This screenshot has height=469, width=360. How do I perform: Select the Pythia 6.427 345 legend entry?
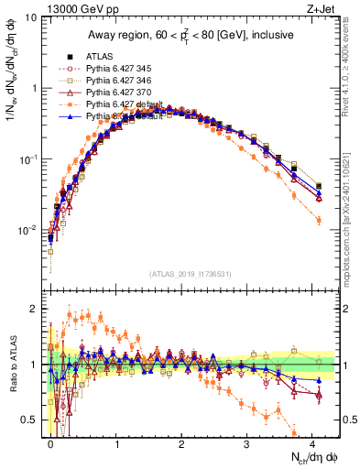coord(114,68)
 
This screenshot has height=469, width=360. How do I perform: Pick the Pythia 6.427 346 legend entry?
coord(114,80)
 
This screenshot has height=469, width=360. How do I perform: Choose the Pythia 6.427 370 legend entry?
coord(114,93)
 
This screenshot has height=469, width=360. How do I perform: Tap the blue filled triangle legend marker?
coord(65,117)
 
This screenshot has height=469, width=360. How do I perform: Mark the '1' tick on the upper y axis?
coord(33,89)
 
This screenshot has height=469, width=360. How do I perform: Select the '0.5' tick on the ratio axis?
coord(29,420)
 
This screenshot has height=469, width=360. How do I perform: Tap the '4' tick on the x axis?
coord(312,442)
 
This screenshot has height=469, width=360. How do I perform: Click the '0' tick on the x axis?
coord(51,442)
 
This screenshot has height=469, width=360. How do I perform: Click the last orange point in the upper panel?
coord(318,221)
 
